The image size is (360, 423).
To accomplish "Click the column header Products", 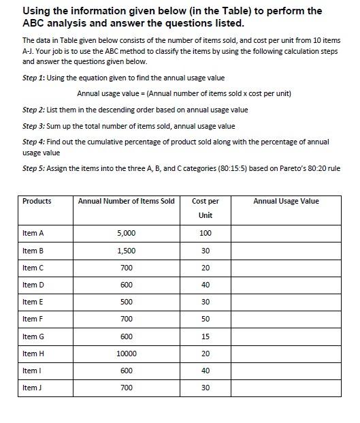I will [x=37, y=201].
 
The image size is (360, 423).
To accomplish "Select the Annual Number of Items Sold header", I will [x=126, y=201].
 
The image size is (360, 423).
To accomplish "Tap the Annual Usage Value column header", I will [x=286, y=201].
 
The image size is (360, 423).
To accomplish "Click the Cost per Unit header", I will [x=206, y=208].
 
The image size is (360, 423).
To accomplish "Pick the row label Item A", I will [x=33, y=233].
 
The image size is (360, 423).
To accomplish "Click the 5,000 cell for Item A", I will [x=126, y=233].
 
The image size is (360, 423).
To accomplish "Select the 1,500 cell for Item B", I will [x=126, y=251].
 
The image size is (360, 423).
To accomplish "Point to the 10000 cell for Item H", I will [x=126, y=354].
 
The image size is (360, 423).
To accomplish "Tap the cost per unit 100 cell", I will [x=206, y=233].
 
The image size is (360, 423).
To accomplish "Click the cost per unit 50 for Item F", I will [x=206, y=319].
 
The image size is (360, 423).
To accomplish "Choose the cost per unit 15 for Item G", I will [x=206, y=336].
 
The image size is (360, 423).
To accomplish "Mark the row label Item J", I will [x=33, y=388].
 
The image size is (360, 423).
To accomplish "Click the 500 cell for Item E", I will [x=126, y=302].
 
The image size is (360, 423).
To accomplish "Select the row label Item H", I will [x=33, y=354].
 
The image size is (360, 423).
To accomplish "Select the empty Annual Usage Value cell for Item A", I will [x=286, y=233].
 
